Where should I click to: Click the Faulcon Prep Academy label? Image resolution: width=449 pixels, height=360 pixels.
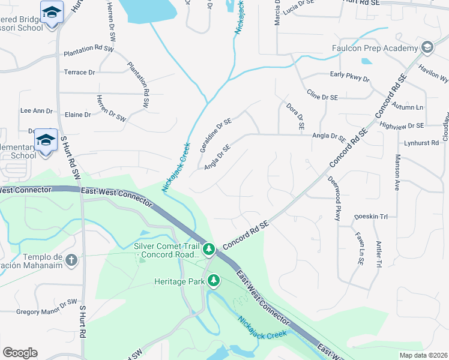375,48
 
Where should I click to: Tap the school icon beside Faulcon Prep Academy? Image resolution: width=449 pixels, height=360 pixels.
427,47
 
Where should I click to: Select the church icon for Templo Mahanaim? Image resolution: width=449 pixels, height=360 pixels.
71,260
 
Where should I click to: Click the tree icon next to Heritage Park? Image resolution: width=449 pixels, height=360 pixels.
214,280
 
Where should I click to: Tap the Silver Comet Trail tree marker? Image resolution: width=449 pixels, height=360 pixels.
209,248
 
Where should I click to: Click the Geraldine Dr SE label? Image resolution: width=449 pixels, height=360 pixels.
215,135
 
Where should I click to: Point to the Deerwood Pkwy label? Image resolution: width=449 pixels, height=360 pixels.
333,199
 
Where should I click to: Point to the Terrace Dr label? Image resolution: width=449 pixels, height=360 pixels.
79,72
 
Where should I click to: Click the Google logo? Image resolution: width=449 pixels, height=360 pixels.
20,353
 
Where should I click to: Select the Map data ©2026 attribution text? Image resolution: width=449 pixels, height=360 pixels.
423,355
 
